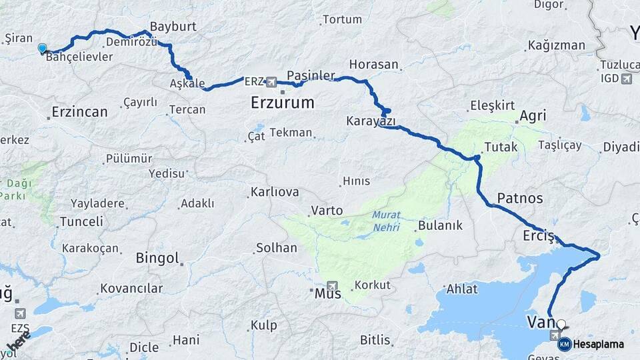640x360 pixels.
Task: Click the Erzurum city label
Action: (282, 103)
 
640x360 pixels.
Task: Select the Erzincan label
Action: (81, 112)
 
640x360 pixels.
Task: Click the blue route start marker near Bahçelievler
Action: (43, 48)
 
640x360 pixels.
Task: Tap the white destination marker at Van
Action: (561, 325)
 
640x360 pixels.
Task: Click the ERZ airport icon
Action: (271, 82)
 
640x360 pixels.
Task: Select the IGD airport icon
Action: (626, 79)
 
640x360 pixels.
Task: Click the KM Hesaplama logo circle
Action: (564, 344)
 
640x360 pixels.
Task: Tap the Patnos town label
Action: (520, 198)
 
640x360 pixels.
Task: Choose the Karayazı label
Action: (371, 122)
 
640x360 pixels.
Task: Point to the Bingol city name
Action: (157, 258)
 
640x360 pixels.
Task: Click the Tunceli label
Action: (81, 221)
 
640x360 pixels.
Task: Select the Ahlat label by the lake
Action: (462, 289)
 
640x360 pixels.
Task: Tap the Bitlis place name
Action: (375, 340)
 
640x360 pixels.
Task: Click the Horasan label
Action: (373, 65)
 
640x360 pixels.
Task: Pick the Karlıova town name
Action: (275, 192)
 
